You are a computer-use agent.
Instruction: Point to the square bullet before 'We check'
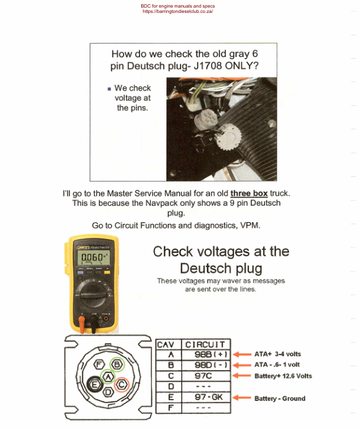click(109, 89)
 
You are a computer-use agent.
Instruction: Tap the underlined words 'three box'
click(251, 193)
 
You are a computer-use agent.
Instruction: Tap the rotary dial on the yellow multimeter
click(94, 293)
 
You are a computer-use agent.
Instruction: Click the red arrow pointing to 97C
click(241, 376)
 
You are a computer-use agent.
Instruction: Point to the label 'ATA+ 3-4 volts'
click(278, 354)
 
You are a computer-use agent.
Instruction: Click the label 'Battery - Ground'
click(280, 398)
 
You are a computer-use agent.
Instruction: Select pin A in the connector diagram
click(108, 376)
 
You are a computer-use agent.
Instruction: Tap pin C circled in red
click(121, 385)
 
